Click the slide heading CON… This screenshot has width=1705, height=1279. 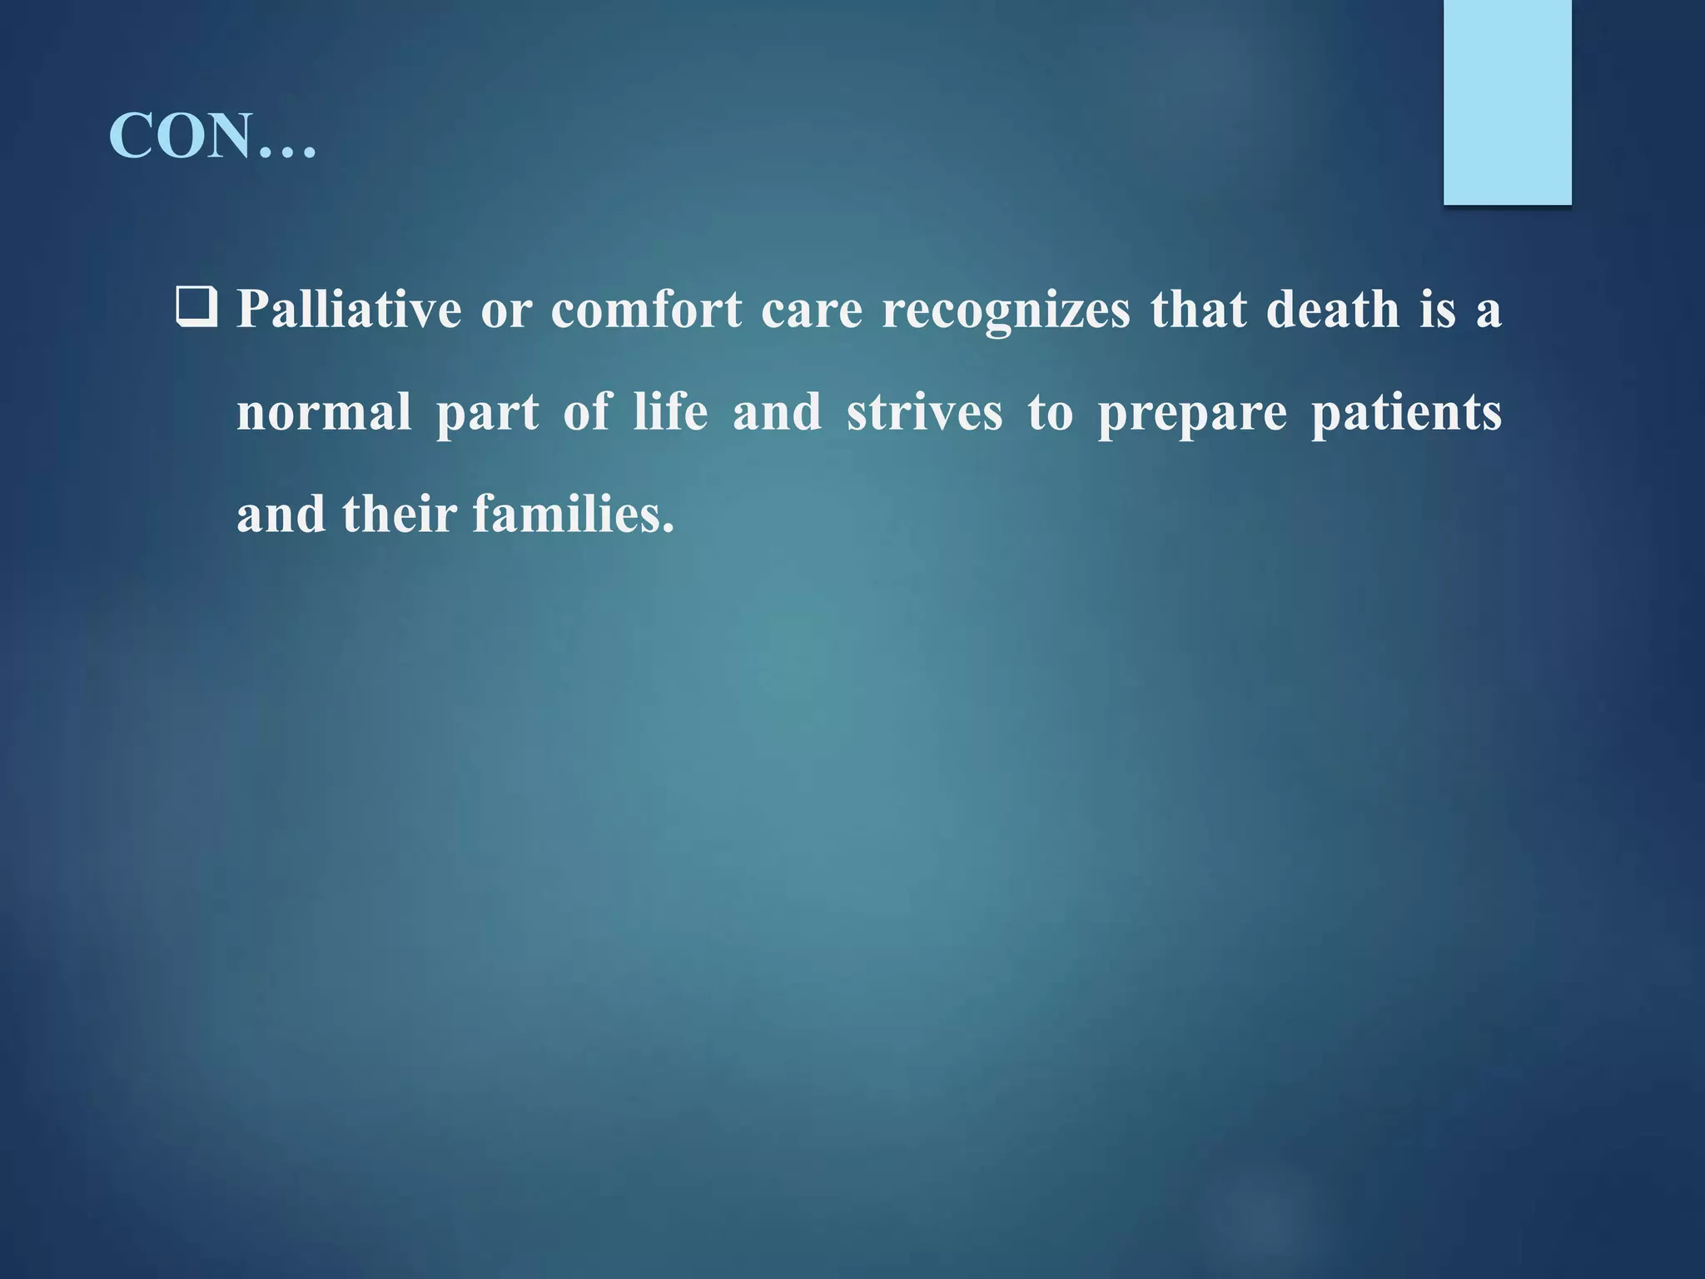212,136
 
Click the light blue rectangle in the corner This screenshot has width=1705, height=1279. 1507,102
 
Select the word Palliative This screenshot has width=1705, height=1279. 349,310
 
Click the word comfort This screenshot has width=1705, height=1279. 646,310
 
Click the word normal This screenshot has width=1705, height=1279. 324,412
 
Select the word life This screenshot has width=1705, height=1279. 670,411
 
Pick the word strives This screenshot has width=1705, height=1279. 924,412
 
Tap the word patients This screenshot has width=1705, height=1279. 1406,412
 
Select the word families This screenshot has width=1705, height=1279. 574,514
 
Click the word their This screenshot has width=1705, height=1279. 399,514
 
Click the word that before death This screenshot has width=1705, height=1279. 1199,310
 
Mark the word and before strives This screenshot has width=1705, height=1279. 777,412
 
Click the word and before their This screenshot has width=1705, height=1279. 281,514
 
